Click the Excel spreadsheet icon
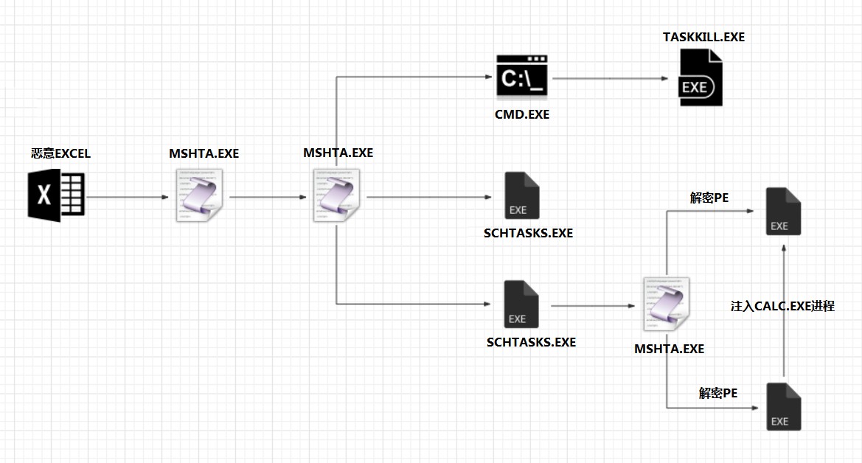(x=56, y=195)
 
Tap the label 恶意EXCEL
(x=60, y=153)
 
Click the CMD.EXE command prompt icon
(x=522, y=77)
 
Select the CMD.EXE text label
(x=522, y=114)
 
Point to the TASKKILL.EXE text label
(x=703, y=37)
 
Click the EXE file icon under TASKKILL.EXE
(x=701, y=77)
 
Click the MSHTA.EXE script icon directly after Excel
(x=199, y=195)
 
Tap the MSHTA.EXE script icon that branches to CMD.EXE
(x=336, y=195)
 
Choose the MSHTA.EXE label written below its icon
(x=669, y=349)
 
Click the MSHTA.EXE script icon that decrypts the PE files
(x=667, y=304)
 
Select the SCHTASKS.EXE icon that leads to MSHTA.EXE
(x=521, y=304)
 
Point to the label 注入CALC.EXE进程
(x=782, y=306)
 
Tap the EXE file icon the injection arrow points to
(x=783, y=212)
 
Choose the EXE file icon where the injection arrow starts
(x=783, y=406)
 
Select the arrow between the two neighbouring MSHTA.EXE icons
(x=268, y=197)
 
